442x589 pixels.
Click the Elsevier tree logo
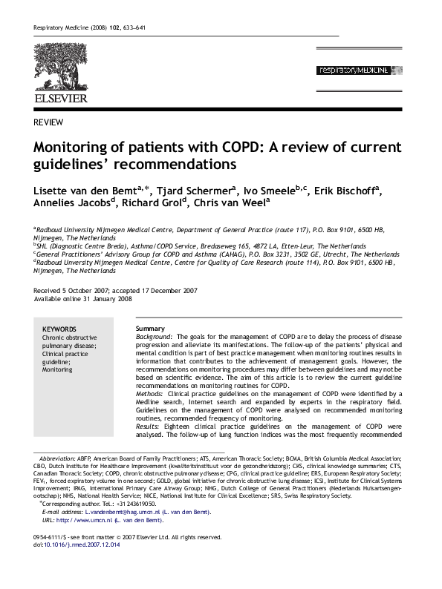pyautogui.click(x=59, y=68)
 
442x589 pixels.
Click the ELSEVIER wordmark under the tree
pyautogui.click(x=60, y=98)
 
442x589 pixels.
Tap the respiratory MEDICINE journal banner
pyautogui.click(x=361, y=70)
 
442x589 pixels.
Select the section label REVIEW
pyautogui.click(x=48, y=122)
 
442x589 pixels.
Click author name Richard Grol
pyautogui.click(x=154, y=205)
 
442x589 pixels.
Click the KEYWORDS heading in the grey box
pyautogui.click(x=59, y=329)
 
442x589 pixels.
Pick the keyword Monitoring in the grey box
pyautogui.click(x=57, y=369)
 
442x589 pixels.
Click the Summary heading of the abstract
pyautogui.click(x=150, y=329)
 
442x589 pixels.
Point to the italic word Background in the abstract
pyautogui.click(x=153, y=337)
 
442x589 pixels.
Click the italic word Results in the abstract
pyautogui.click(x=149, y=427)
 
